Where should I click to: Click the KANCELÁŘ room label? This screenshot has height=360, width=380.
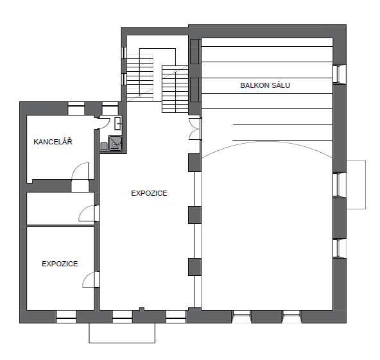pyautogui.click(x=53, y=141)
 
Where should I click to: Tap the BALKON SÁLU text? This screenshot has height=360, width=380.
pyautogui.click(x=265, y=85)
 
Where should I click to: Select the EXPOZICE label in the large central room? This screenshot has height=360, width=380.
pyautogui.click(x=149, y=193)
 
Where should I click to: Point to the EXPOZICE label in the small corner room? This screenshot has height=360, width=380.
pyautogui.click(x=60, y=264)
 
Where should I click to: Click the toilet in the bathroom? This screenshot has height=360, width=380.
pyautogui.click(x=104, y=146)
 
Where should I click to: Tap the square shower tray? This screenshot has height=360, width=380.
pyautogui.click(x=115, y=143)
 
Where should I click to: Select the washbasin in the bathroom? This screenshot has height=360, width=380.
pyautogui.click(x=118, y=123)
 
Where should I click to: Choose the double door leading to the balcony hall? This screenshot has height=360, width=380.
pyautogui.click(x=194, y=128)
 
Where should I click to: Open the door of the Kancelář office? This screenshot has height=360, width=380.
pyautogui.click(x=80, y=171)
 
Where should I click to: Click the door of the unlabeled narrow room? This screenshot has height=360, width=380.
pyautogui.click(x=88, y=213)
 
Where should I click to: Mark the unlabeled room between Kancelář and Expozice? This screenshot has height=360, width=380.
pyautogui.click(x=60, y=209)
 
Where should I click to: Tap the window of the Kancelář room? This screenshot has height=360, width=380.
pyautogui.click(x=76, y=108)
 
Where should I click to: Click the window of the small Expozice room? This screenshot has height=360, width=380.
pyautogui.click(x=66, y=316)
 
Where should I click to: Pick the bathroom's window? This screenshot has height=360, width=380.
pyautogui.click(x=110, y=108)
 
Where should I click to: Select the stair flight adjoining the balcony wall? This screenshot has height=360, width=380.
pyautogui.click(x=175, y=89)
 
